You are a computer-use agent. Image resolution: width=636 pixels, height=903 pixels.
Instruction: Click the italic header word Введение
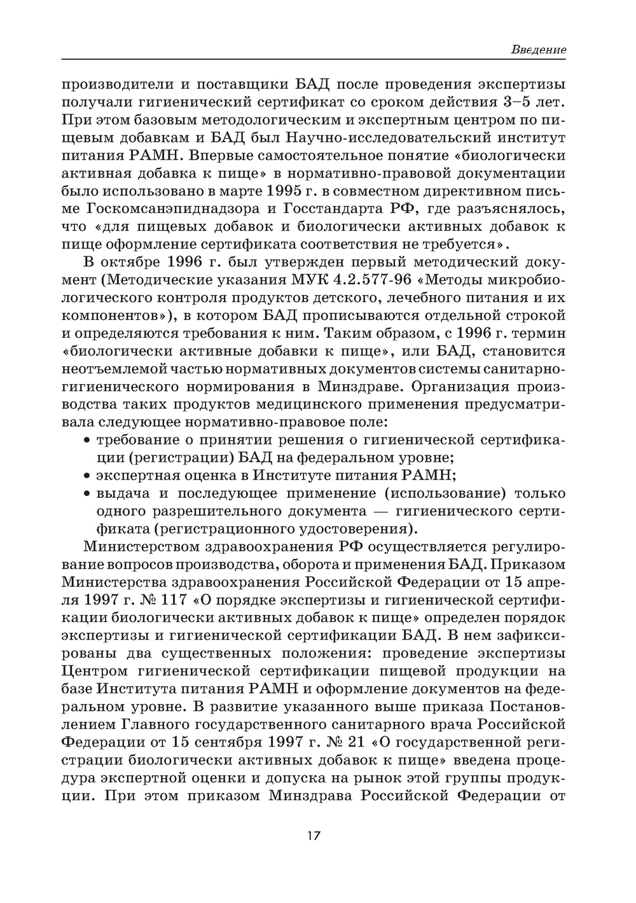point(539,49)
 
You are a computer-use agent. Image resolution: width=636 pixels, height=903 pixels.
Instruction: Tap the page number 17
point(313,835)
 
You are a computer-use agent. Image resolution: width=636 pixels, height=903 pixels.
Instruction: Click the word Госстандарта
point(332,209)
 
